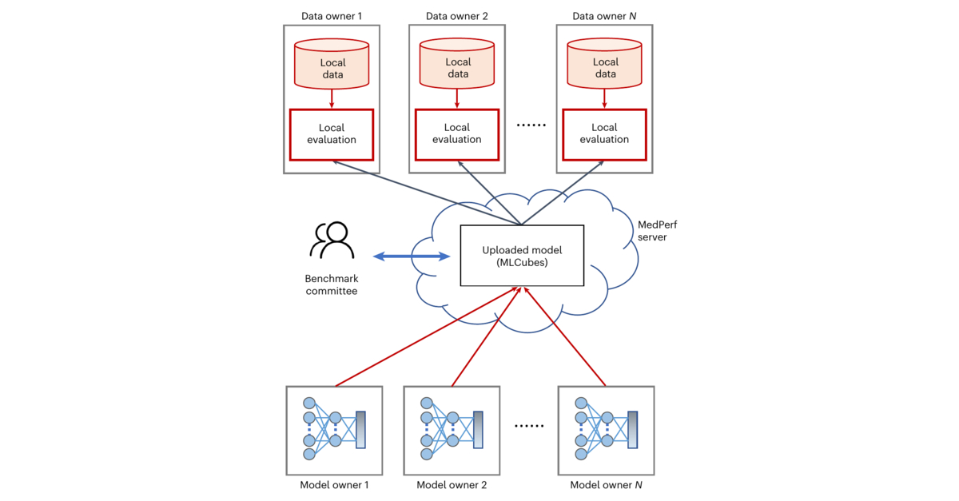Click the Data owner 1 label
click(331, 16)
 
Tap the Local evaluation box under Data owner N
click(604, 133)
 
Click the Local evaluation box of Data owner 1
click(331, 133)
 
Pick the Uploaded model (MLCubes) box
click(522, 256)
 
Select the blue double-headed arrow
click(412, 256)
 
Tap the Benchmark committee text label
click(331, 285)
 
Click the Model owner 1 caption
click(333, 485)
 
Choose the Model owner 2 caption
click(452, 485)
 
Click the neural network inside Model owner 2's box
click(452, 430)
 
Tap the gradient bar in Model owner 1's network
click(360, 430)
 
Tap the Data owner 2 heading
click(456, 16)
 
